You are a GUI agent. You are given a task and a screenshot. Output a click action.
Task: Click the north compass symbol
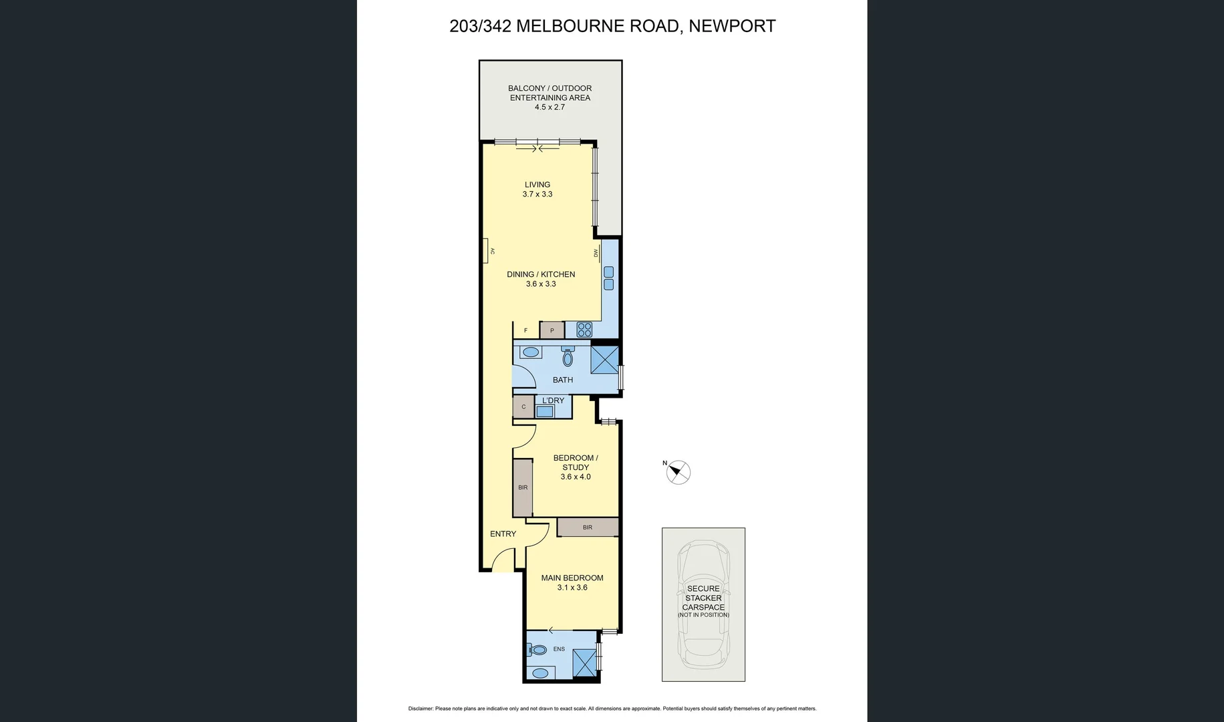(679, 473)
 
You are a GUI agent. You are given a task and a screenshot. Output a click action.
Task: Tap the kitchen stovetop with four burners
(584, 330)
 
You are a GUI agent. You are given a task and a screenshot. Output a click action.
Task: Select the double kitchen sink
(608, 278)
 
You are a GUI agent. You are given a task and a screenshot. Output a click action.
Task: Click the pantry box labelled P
(552, 330)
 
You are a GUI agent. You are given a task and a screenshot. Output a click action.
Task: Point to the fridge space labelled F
(526, 330)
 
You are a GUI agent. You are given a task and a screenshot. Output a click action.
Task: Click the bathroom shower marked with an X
(604, 360)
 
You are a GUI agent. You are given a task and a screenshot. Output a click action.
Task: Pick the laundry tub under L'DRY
(545, 411)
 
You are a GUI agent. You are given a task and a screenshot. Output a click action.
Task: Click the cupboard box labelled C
(523, 406)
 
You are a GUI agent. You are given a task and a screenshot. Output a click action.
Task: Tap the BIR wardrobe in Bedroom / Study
(523, 487)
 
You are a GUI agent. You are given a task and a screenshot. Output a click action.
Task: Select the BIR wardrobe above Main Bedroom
(588, 527)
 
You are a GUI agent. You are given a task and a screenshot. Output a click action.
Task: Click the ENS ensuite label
(559, 649)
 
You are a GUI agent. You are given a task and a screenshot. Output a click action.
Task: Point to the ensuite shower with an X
(584, 663)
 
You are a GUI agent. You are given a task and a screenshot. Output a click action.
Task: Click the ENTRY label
(503, 533)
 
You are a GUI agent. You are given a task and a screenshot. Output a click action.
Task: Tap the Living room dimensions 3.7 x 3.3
(537, 194)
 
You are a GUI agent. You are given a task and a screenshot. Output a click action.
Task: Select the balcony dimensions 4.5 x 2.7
(549, 107)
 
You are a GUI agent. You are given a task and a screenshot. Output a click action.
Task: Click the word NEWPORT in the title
(732, 26)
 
